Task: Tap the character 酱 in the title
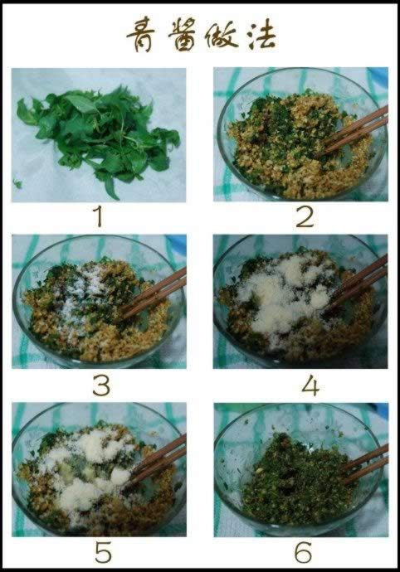183,36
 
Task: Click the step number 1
99,217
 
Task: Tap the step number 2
305,217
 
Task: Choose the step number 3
101,385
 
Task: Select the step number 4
310,385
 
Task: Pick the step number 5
103,552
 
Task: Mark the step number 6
304,552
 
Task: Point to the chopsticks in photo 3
154,293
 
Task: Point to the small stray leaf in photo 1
17,183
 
